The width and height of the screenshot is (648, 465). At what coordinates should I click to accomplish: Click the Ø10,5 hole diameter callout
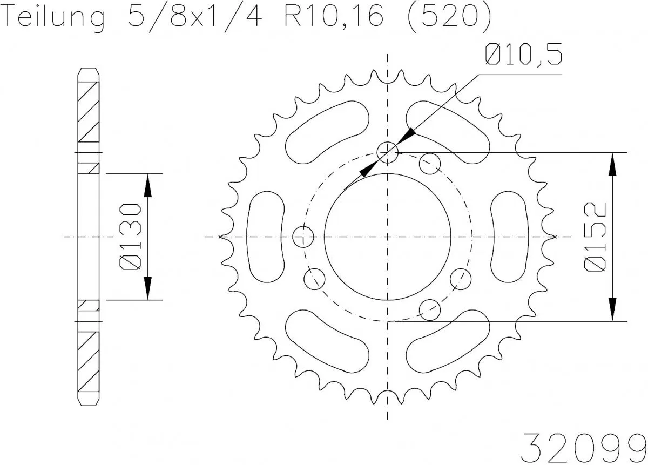[x=523, y=56]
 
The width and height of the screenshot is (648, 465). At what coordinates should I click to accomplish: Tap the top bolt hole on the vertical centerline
[x=387, y=152]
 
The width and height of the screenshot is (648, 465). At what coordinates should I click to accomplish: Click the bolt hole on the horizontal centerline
[x=303, y=236]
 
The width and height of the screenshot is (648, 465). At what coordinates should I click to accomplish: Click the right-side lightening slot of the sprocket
[x=510, y=236]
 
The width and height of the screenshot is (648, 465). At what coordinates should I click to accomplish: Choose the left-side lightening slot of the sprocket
[x=265, y=236]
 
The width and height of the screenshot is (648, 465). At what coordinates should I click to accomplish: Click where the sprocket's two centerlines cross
[x=388, y=237]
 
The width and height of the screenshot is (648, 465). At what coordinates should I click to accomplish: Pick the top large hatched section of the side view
[x=89, y=111]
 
